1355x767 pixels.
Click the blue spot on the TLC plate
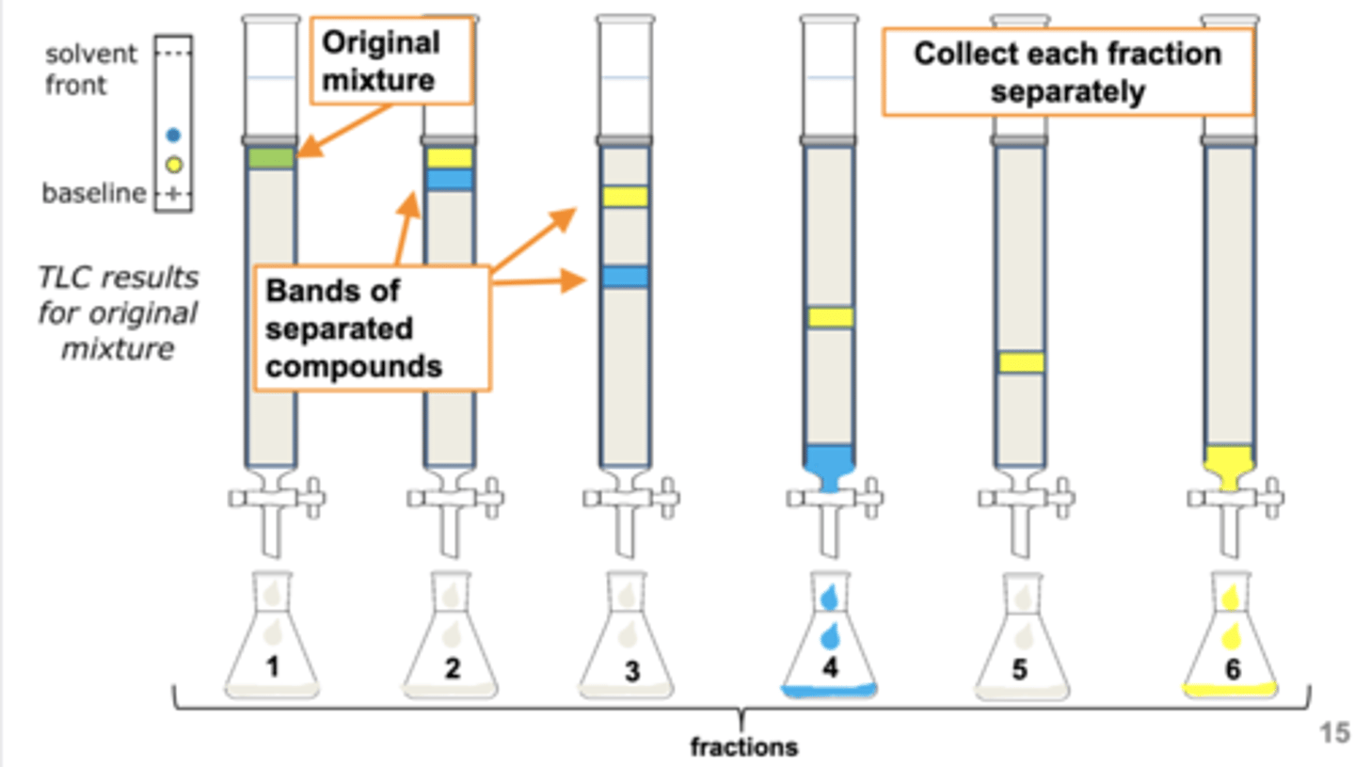coord(172,135)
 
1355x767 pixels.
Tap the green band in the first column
coord(272,158)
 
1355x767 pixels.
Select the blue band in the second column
coord(449,179)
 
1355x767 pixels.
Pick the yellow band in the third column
coord(626,196)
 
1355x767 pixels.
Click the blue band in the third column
coord(626,277)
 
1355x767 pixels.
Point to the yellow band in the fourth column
coord(830,317)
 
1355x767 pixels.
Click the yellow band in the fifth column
coord(1021,361)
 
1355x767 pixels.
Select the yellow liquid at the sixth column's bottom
coord(1230,464)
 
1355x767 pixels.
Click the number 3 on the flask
coord(631,671)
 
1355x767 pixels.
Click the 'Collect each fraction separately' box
coord(1067,72)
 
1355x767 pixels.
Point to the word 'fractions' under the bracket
coord(743,748)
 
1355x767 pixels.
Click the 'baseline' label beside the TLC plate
coord(94,194)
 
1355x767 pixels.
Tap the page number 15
coord(1333,732)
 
